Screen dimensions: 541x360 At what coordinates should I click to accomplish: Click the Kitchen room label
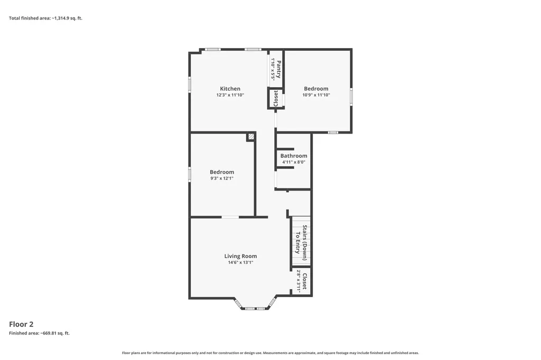[x=230, y=89]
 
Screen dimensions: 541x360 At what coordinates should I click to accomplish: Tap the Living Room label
[x=240, y=256]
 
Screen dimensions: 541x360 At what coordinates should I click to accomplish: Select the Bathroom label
[x=294, y=156]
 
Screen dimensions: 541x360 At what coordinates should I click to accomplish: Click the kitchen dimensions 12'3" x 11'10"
[x=230, y=95]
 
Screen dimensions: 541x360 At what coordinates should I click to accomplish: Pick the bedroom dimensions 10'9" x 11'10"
[x=316, y=95]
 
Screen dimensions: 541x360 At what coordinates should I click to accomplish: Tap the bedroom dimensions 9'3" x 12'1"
[x=222, y=178]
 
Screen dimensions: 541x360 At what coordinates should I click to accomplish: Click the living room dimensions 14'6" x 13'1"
[x=240, y=262]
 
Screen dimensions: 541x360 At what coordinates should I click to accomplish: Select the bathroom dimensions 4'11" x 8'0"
[x=294, y=162]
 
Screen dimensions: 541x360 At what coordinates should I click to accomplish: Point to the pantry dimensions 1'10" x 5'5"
[x=273, y=69]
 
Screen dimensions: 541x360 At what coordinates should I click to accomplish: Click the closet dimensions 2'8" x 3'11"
[x=299, y=281]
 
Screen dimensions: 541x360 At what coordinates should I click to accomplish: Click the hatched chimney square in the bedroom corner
[x=251, y=137]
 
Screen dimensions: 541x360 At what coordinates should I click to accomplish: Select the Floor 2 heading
[x=21, y=324]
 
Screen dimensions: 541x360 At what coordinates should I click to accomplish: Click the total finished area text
[x=45, y=18]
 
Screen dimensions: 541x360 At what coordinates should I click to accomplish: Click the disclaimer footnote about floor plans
[x=270, y=353]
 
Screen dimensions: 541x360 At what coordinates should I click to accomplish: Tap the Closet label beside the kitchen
[x=276, y=98]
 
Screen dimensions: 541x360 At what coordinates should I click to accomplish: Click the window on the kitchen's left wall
[x=190, y=84]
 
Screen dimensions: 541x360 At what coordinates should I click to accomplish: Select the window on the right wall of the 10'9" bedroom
[x=351, y=97]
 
